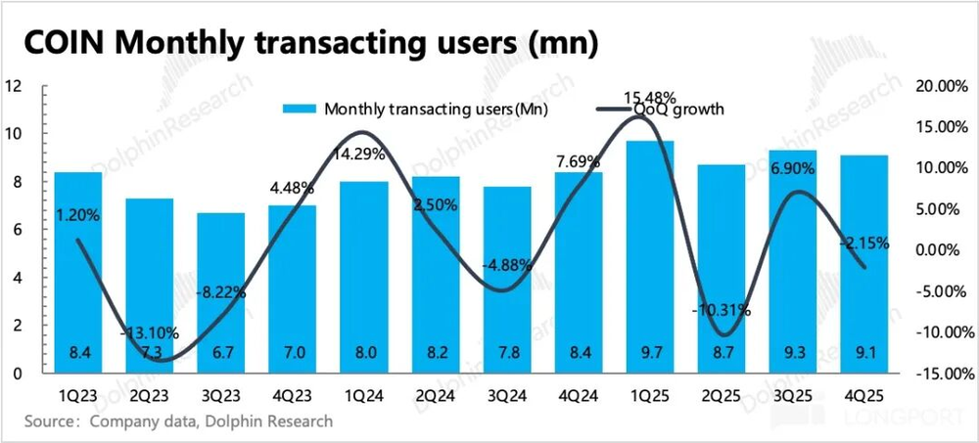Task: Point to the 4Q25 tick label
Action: tap(863, 397)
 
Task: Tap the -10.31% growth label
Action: tap(722, 310)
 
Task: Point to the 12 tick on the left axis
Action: tap(14, 86)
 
